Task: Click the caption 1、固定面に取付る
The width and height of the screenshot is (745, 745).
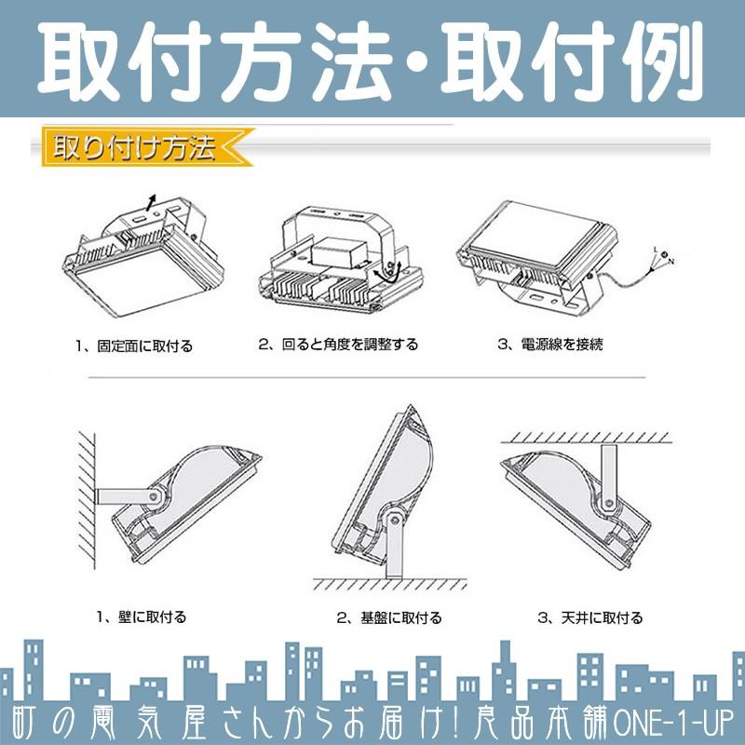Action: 135,345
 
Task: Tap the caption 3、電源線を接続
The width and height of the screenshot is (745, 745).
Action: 550,345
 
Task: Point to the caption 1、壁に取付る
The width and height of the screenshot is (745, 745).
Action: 142,616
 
